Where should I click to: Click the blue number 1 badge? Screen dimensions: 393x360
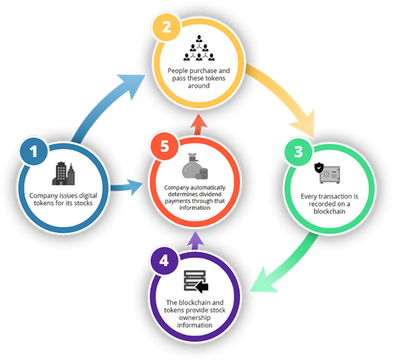[x=34, y=151]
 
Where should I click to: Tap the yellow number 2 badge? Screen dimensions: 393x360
[x=166, y=27]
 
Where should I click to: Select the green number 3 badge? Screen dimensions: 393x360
[x=298, y=152]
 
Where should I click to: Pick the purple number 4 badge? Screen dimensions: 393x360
[x=164, y=261]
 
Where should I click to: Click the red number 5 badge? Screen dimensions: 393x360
[x=165, y=146]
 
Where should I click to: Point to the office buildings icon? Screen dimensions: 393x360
[x=63, y=173]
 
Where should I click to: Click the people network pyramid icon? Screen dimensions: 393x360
[x=199, y=48]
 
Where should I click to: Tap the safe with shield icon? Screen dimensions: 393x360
[x=327, y=173]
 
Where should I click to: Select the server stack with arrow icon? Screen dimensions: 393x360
[x=196, y=281]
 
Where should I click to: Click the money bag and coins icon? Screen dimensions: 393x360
[x=195, y=166]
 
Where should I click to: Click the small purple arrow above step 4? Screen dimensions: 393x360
[x=195, y=241]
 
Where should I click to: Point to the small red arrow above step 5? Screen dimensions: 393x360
[x=198, y=125]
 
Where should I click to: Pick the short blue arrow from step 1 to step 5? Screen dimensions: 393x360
[x=127, y=187]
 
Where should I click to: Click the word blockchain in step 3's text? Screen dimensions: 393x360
[x=329, y=211]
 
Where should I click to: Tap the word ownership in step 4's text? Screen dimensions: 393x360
[x=195, y=318]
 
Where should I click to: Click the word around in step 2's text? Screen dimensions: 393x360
[x=198, y=85]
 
